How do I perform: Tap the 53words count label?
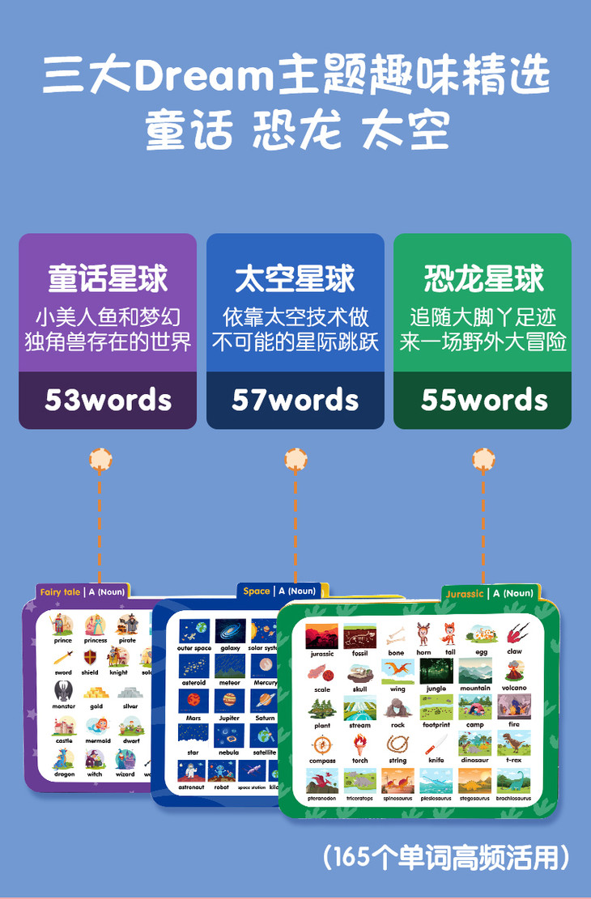pos(108,400)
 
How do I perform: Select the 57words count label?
pos(295,400)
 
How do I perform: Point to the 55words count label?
pos(483,400)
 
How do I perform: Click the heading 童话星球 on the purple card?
pos(108,278)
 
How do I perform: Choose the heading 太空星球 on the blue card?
pos(295,278)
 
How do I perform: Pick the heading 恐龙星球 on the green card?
pos(483,278)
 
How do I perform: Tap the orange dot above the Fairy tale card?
pos(100,460)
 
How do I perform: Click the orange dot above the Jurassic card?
pos(483,460)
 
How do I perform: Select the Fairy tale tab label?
pos(61,592)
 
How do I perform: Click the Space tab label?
pos(257,592)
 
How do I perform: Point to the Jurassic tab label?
pos(465,594)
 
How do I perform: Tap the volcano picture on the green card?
pos(514,671)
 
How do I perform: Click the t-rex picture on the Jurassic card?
pos(514,742)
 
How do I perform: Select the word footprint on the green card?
pos(436,726)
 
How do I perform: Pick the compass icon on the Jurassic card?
pos(322,744)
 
